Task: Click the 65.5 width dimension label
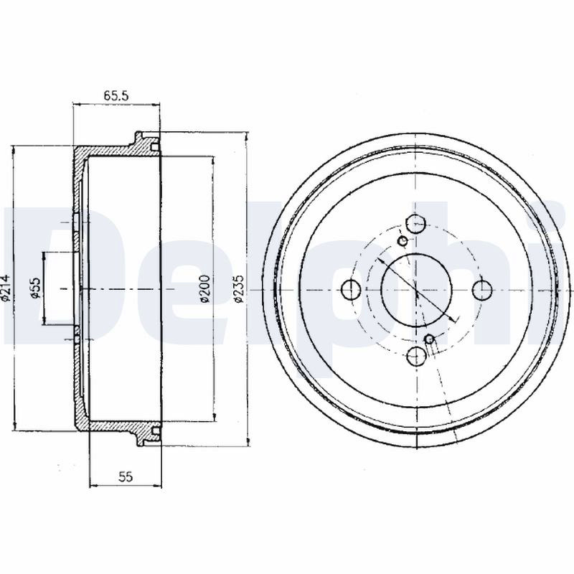point(116,96)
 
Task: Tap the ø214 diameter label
point(6,289)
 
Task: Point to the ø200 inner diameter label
point(205,288)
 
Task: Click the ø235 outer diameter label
point(239,289)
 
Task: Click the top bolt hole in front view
point(417,224)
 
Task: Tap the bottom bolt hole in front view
point(417,356)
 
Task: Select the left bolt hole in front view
point(351,290)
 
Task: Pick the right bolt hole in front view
point(482,290)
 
